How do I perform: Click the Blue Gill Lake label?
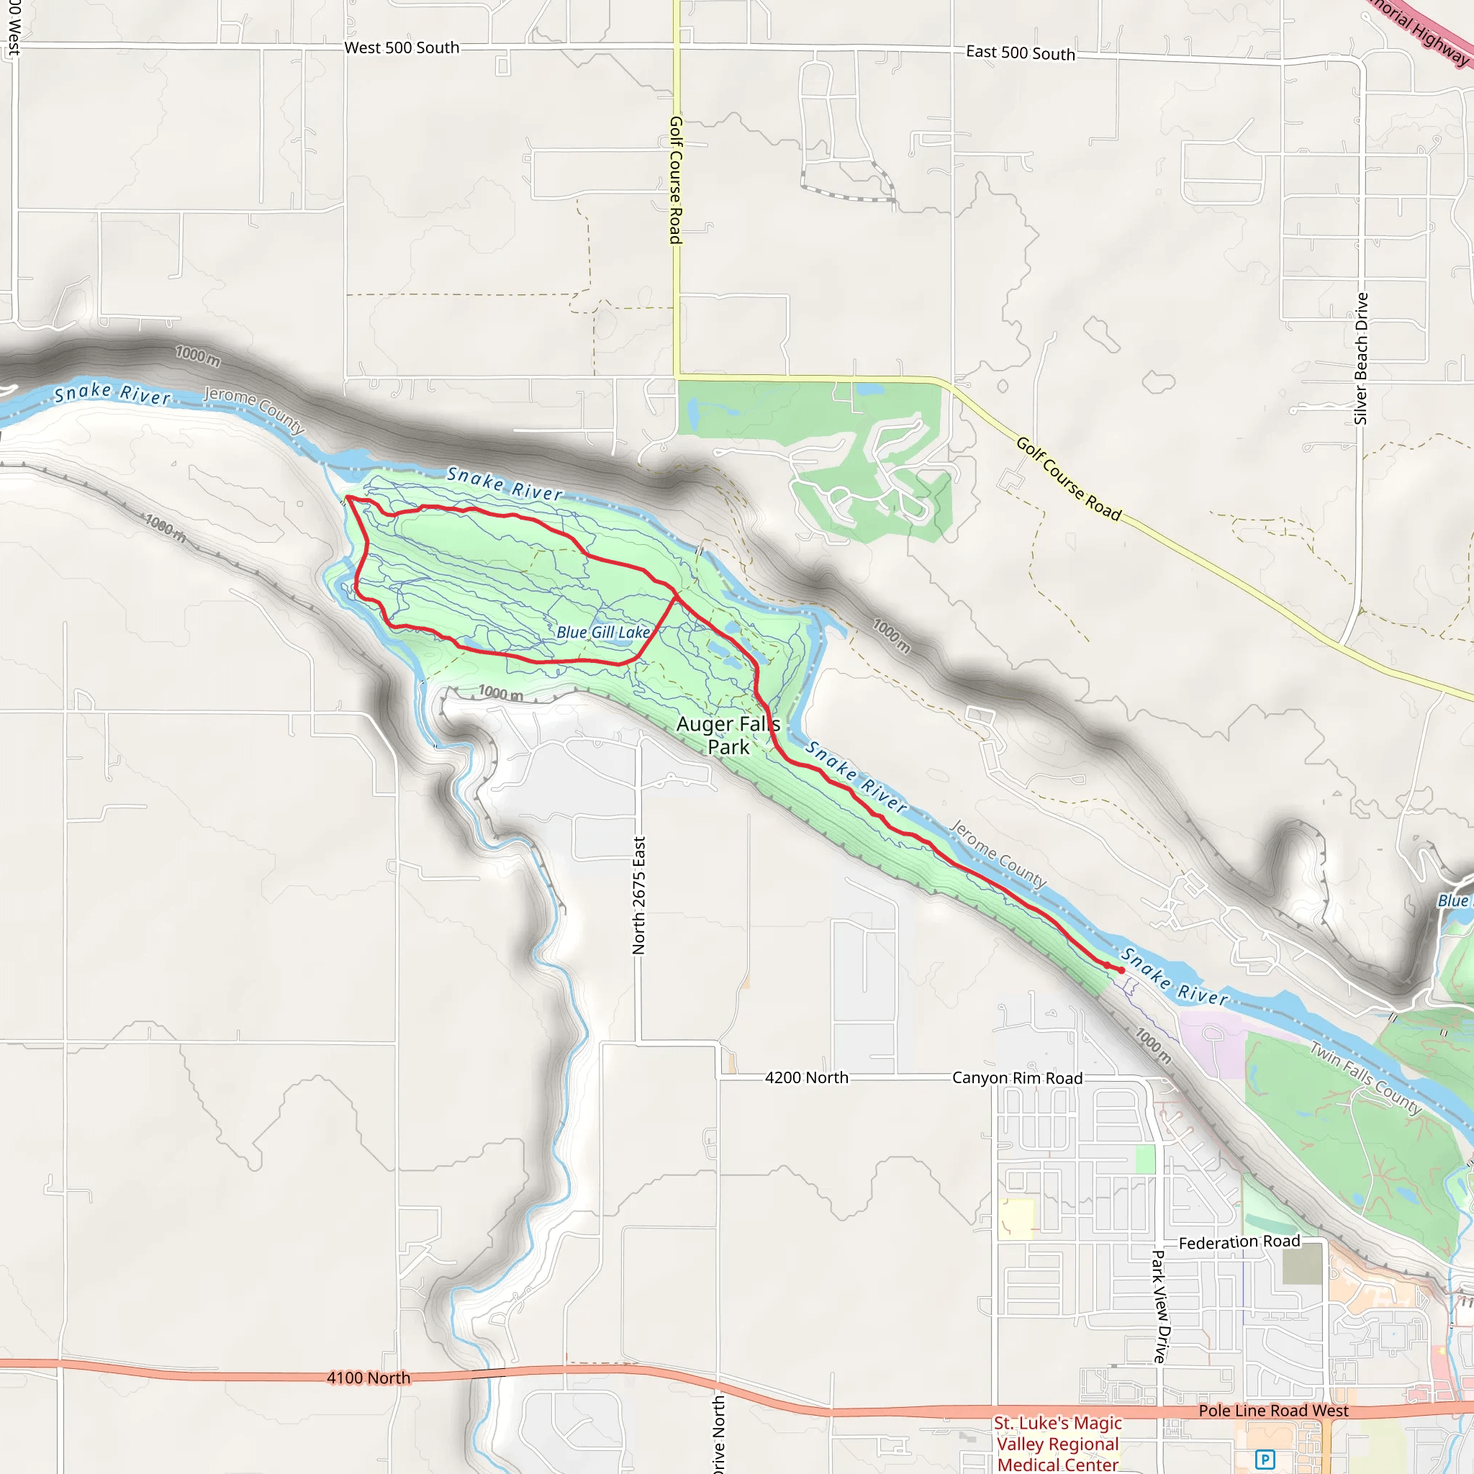[x=602, y=632]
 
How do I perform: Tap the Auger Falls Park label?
[x=728, y=735]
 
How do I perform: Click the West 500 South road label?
[x=402, y=48]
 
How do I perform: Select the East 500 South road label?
[x=1020, y=53]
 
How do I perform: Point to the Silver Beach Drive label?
[x=1361, y=358]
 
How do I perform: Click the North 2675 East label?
[x=638, y=895]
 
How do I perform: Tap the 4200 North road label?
[x=806, y=1077]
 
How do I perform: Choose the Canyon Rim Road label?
[x=1017, y=1078]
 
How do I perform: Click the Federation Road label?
[x=1239, y=1242]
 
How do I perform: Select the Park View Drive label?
[x=1160, y=1307]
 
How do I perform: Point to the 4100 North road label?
[x=368, y=1378]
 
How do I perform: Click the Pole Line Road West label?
[x=1273, y=1411]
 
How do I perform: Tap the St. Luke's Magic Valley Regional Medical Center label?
[x=1057, y=1444]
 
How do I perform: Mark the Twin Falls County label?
[x=1365, y=1077]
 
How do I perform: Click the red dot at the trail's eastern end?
[x=1121, y=969]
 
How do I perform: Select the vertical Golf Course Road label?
[x=676, y=180]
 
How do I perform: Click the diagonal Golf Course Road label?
[x=1068, y=479]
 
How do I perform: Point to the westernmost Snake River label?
[x=112, y=393]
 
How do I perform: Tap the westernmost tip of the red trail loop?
[x=347, y=497]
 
